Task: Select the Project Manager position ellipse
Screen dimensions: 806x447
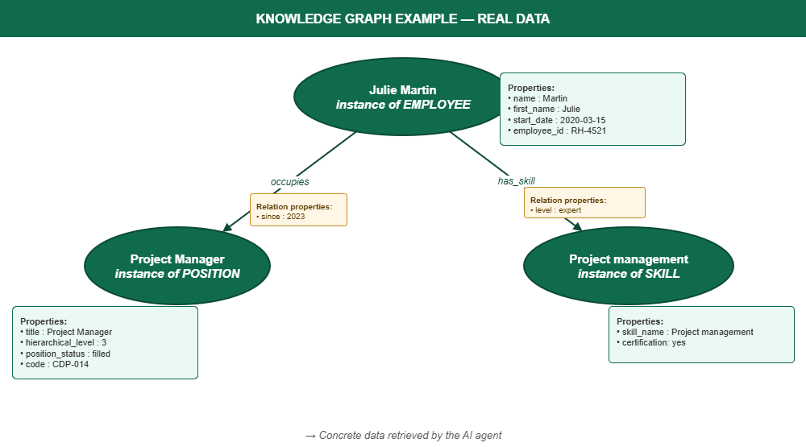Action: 177,266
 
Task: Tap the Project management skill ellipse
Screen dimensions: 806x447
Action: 629,266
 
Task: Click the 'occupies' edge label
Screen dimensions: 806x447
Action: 290,182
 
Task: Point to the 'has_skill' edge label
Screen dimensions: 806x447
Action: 516,181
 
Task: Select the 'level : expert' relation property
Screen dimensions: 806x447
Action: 555,210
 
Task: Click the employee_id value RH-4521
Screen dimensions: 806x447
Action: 588,130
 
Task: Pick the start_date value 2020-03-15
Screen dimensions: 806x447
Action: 583,120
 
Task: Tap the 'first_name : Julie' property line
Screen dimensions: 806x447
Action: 544,109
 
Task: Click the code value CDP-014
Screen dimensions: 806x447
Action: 70,364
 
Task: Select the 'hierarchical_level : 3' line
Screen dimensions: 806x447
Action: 63,343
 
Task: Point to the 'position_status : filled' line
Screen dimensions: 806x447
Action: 65,354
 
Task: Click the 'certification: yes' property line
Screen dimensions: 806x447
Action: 651,343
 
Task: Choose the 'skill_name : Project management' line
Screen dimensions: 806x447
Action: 685,332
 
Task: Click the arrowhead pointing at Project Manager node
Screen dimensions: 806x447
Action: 228,228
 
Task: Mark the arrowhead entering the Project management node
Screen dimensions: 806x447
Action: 577,226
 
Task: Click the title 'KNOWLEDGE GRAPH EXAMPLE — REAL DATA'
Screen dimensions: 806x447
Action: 403,19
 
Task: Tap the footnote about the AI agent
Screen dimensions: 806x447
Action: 403,435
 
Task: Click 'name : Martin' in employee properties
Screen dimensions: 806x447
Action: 538,98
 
